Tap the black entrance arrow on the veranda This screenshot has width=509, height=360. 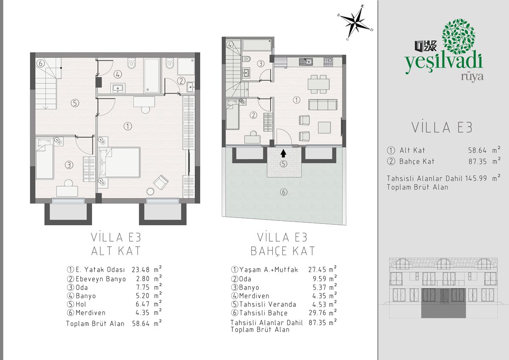pyautogui.click(x=283, y=153)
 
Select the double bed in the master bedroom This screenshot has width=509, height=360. pyautogui.click(x=120, y=162)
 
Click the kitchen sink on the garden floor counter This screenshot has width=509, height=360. pyautogui.click(x=306, y=61)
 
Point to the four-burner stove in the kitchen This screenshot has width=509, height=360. pyautogui.click(x=328, y=61)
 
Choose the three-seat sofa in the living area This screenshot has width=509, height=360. pyautogui.click(x=323, y=104)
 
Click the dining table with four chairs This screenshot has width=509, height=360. pyautogui.click(x=319, y=84)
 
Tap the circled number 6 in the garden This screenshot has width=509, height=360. pyautogui.click(x=283, y=192)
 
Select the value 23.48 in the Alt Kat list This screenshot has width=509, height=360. pyautogui.click(x=141, y=270)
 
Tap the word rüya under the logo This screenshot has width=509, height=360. pyautogui.click(x=472, y=77)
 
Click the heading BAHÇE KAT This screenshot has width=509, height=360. pyautogui.click(x=283, y=251)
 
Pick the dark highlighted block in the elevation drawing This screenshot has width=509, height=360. pyautogui.click(x=444, y=303)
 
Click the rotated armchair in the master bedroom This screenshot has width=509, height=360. pyautogui.click(x=161, y=182)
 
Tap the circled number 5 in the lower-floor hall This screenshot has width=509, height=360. pyautogui.click(x=75, y=103)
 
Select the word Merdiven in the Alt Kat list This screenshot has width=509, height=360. pyautogui.click(x=90, y=313)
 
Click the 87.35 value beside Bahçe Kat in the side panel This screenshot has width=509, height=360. pyautogui.click(x=478, y=162)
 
